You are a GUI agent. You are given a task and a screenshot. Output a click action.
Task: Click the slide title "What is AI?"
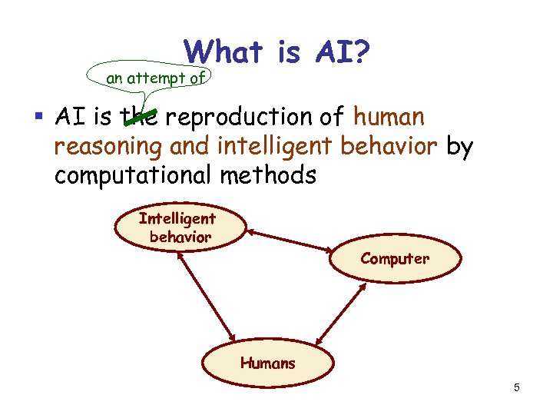pos(278,52)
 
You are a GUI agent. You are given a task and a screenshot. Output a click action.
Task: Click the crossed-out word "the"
pos(139,118)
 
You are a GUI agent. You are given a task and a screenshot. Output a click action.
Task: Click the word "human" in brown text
pos(389,118)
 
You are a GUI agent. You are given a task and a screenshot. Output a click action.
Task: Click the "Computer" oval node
pos(395,259)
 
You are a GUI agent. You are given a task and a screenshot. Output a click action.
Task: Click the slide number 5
pos(517,388)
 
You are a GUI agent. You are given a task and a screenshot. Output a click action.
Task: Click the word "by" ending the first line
pos(459,146)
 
